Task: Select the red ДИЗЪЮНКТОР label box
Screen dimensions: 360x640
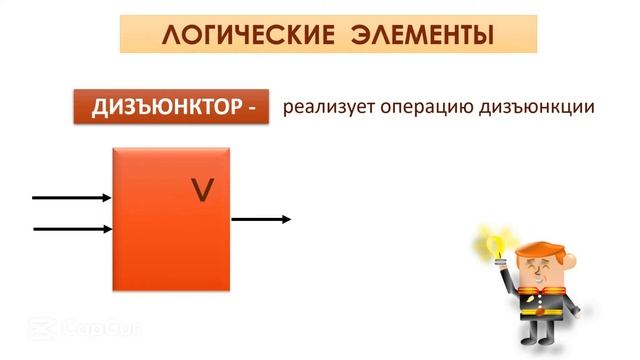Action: click(171, 106)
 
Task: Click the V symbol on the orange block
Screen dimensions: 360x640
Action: click(203, 190)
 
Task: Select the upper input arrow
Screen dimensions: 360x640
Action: click(72, 197)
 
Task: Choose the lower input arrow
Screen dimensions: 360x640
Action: click(72, 229)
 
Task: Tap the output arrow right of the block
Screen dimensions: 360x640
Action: click(260, 219)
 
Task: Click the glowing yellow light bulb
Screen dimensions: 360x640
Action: click(492, 241)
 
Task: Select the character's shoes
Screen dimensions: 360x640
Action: click(544, 349)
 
